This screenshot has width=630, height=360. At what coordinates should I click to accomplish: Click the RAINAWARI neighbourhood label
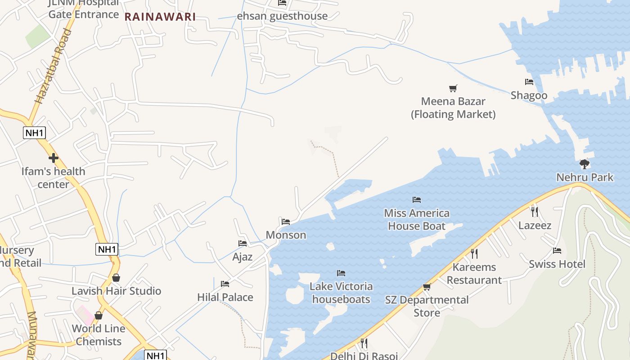coord(160,17)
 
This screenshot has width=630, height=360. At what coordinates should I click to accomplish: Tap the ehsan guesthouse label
coord(282,16)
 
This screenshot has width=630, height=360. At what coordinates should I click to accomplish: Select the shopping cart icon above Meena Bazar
coord(453,88)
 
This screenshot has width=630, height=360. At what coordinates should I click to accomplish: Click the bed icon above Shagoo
coord(529,82)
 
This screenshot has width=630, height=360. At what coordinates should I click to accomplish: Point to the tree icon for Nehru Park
coord(585,164)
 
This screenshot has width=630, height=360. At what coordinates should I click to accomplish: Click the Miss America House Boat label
coord(417,220)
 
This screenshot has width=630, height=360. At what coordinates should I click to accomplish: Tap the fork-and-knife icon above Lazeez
coord(535,211)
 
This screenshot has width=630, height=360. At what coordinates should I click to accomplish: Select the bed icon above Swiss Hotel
coord(557,251)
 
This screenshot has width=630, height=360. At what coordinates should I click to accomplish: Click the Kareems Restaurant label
coord(474,274)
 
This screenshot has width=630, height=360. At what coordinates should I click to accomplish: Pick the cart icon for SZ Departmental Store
coord(427,287)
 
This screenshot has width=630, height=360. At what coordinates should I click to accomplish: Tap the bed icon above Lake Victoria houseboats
coord(341,273)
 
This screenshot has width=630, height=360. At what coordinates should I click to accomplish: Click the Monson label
coord(286,235)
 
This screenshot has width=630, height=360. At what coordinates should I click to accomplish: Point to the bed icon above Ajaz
coord(243,243)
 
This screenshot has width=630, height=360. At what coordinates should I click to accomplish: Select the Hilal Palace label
coord(225,297)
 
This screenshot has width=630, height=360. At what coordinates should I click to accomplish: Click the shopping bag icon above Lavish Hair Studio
coord(116,278)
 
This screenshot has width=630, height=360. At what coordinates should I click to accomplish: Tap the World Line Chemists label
coord(99,335)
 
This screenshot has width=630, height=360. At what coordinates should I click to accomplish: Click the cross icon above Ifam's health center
coord(54,158)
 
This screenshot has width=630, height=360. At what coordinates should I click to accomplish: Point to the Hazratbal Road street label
coord(54,67)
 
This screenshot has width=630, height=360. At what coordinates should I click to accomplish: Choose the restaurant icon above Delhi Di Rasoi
coord(364,343)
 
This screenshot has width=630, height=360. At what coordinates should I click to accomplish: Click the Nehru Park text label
coord(585,177)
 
